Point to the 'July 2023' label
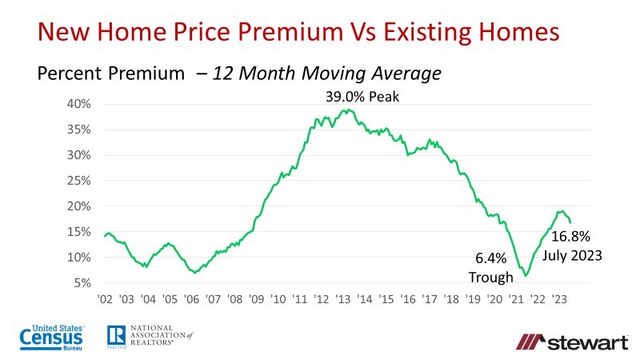coord(572,257)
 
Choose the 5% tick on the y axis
coord(84,283)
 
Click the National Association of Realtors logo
coord(150,338)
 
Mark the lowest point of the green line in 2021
coord(526,275)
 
